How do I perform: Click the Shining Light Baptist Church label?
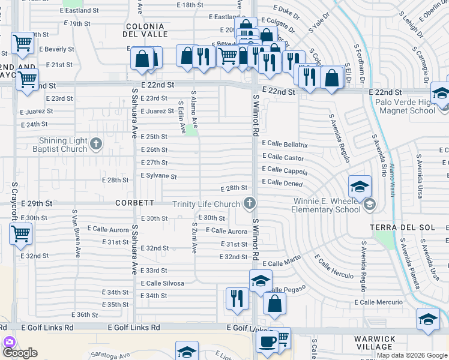pos(62,145)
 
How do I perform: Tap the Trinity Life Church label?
pos(206,204)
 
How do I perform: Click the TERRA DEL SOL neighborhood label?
pos(400,227)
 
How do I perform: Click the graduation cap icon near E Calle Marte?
pos(261,280)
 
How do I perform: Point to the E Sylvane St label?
pos(158,176)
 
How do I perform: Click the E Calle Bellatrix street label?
pos(285,145)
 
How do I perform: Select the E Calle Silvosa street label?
pos(162,283)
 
